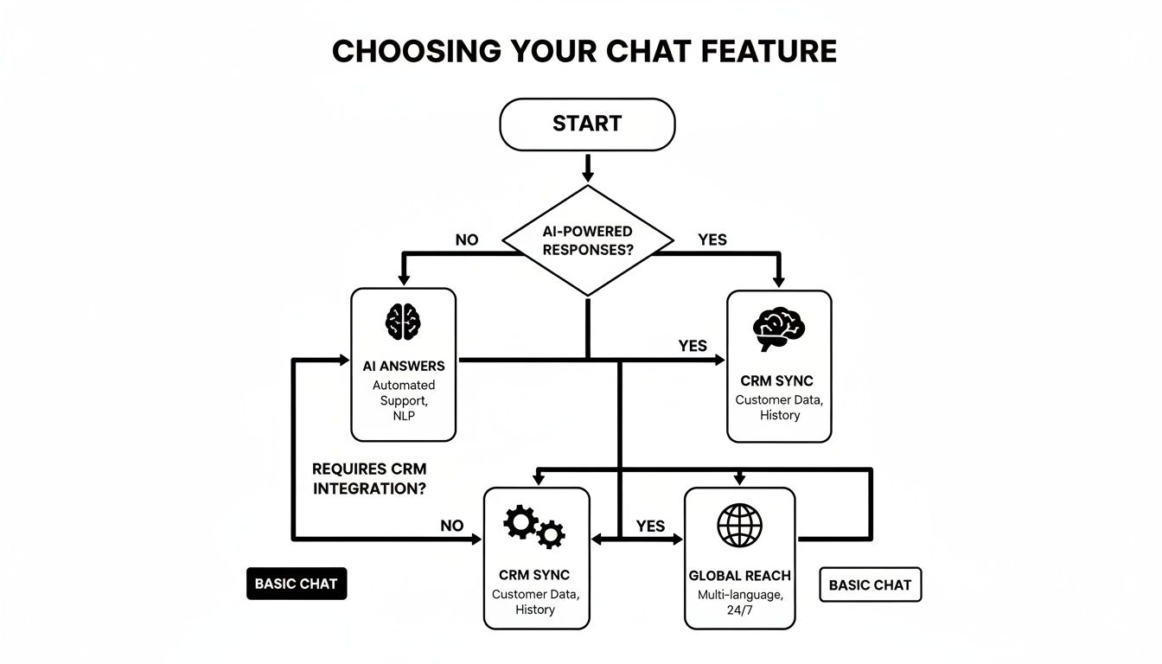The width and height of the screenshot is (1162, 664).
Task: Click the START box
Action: point(587,124)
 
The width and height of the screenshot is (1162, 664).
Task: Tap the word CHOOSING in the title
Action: point(417,52)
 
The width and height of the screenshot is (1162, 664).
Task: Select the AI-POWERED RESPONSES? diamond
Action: point(588,241)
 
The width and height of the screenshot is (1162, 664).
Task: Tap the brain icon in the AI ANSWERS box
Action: point(403,322)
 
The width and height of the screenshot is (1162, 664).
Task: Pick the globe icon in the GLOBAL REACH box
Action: point(739,525)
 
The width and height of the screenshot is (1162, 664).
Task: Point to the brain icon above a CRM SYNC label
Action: point(779,329)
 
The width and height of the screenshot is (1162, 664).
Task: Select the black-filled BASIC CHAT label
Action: point(296,584)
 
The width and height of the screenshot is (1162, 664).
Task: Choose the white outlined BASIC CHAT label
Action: point(870,585)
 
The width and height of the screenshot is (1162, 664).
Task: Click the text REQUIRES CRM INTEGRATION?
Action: point(369,479)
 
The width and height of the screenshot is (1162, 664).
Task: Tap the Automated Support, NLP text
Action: point(404,400)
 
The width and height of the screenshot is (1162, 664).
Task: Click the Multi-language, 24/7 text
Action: point(739,603)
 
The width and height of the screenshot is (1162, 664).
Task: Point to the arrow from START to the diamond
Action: point(588,167)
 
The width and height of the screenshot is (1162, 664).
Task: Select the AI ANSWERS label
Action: point(404,366)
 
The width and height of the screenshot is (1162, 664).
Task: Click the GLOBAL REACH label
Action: point(739,576)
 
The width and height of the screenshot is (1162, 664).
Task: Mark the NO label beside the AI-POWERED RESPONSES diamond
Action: point(466,239)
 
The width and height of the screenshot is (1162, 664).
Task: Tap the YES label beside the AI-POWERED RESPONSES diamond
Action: point(712,239)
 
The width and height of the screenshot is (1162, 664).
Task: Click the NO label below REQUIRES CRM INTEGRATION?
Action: point(452,526)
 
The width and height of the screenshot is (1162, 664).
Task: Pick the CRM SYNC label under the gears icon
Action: point(534,575)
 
